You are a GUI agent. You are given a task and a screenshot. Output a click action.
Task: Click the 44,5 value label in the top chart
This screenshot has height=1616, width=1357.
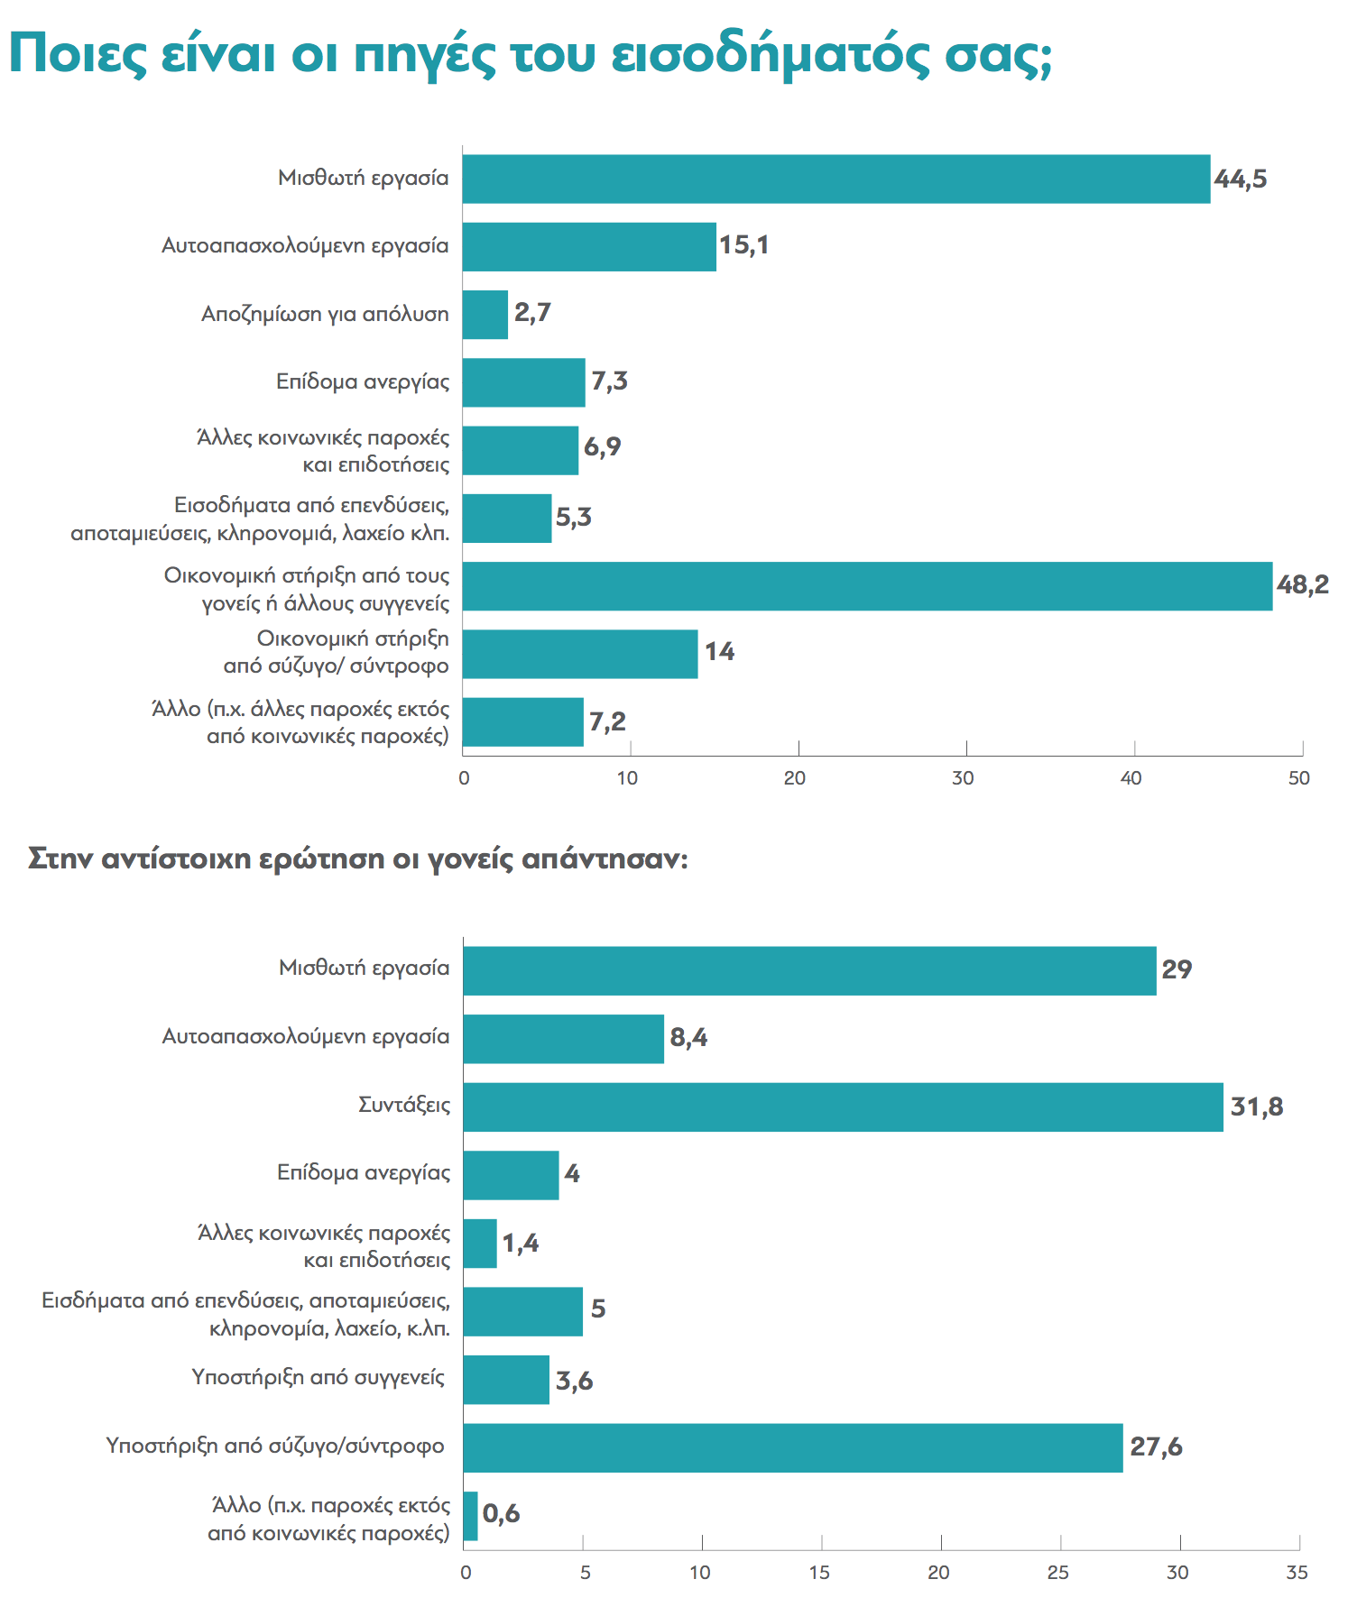1240,179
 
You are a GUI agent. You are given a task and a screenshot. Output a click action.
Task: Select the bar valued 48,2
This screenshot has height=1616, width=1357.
866,586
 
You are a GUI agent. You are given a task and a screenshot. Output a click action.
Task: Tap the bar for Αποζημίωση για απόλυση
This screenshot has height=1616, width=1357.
485,315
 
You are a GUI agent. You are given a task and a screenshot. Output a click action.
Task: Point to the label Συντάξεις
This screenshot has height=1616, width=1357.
404,1105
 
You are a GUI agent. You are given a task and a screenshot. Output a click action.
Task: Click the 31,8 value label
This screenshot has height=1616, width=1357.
1256,1106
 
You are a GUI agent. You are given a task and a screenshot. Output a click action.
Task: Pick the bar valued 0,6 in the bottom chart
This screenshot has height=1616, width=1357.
470,1516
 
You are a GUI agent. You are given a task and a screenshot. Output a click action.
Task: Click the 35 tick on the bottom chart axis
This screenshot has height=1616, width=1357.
1297,1573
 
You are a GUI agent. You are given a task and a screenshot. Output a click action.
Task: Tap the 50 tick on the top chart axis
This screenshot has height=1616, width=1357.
1298,778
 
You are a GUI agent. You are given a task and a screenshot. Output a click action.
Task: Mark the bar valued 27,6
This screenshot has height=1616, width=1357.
792,1448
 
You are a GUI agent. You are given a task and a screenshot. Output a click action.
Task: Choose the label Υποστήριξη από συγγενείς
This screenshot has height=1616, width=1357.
318,1377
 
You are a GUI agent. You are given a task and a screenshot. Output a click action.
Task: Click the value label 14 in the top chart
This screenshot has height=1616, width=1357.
719,652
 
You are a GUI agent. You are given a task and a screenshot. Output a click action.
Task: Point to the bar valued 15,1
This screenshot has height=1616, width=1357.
588,247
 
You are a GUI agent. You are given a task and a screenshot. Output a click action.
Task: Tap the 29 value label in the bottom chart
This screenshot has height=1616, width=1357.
1177,969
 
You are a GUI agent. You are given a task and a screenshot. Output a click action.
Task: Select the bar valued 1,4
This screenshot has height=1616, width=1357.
480,1244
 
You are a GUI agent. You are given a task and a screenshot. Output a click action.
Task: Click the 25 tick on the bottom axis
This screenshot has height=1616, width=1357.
1057,1573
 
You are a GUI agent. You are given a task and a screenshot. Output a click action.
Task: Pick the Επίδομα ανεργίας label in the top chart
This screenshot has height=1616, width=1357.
363,381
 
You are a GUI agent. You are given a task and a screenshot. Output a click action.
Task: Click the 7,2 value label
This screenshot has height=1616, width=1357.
607,721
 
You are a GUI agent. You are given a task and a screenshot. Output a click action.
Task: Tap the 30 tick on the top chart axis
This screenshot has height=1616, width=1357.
963,778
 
